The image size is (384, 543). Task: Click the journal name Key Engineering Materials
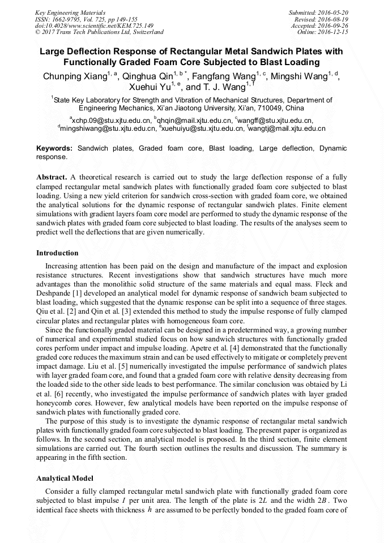[x=70, y=12]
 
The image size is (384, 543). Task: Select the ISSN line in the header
[x=86, y=19]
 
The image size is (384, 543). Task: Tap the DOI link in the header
[x=94, y=25]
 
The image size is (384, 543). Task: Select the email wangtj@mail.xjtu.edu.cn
[x=287, y=129]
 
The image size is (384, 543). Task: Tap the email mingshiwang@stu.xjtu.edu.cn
[x=108, y=129]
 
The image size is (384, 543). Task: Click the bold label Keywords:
[x=54, y=148]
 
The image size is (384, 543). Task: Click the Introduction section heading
[x=57, y=253]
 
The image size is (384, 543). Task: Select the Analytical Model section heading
[x=65, y=478]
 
